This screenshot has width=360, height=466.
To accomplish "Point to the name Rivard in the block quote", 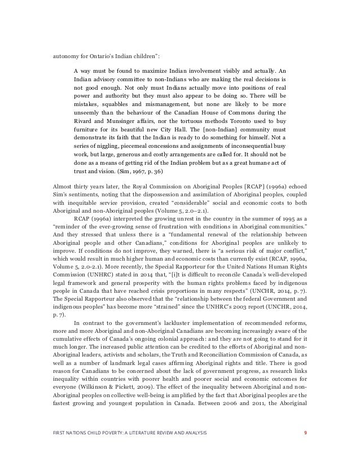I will pos(84,133).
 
